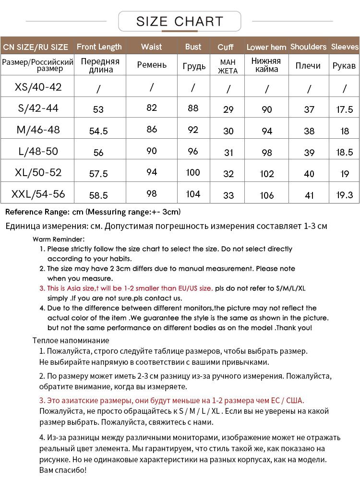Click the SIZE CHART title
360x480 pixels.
click(180, 22)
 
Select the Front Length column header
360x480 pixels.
click(99, 47)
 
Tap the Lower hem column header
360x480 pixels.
click(266, 48)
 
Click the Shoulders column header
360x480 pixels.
click(308, 47)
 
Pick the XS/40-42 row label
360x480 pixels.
click(38, 87)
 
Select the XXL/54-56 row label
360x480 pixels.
click(38, 194)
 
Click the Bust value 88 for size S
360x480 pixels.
click(193, 108)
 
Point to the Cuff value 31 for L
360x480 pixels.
click(228, 153)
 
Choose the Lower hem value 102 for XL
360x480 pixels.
click(267, 174)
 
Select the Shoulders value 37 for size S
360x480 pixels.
click(309, 109)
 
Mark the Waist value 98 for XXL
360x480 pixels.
click(152, 193)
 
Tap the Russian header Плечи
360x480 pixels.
click(308, 66)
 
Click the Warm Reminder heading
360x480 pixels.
click(59, 239)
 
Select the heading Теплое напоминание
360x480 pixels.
click(71, 340)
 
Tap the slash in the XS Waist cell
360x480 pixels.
click(152, 87)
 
